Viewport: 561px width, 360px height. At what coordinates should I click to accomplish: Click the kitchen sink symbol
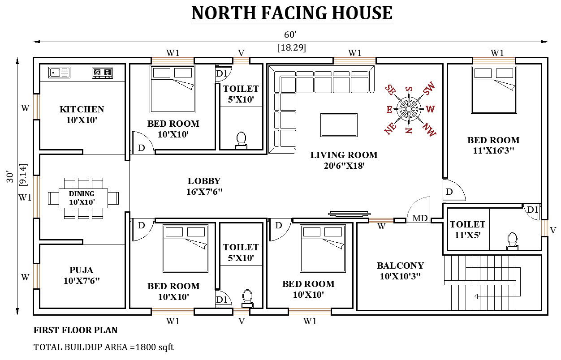[59, 72]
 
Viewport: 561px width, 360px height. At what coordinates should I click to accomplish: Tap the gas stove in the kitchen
[102, 73]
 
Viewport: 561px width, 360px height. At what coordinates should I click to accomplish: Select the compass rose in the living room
[409, 108]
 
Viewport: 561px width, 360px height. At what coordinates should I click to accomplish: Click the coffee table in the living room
[339, 124]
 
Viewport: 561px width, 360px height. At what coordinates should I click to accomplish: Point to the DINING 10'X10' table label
[82, 198]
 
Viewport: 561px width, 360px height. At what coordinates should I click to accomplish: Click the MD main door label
[420, 218]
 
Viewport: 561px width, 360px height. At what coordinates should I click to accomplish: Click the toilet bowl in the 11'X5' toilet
[512, 241]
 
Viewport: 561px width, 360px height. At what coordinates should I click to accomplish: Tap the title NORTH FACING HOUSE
[292, 13]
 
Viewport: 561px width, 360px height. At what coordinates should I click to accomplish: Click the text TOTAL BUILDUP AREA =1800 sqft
[104, 347]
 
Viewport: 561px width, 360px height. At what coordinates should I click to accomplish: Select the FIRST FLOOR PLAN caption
[76, 330]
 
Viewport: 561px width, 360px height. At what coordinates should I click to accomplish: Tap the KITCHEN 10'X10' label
[82, 115]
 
